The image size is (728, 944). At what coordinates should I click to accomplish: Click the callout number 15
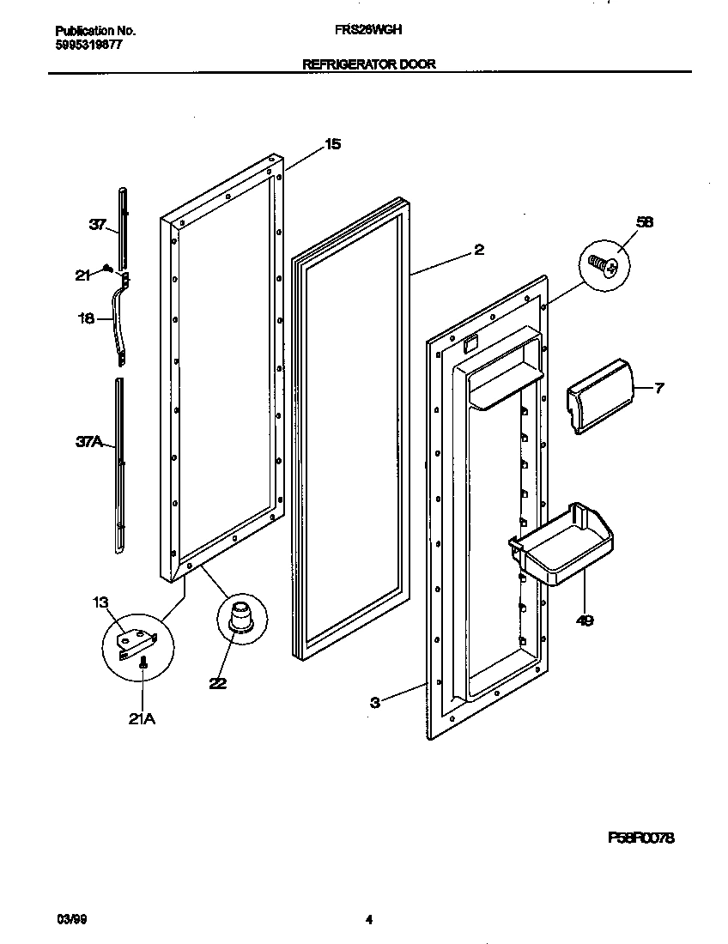(x=332, y=144)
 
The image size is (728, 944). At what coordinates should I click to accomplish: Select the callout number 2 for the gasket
(x=479, y=250)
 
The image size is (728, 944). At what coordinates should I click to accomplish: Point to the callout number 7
(x=658, y=388)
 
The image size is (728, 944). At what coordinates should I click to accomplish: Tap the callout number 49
(x=584, y=620)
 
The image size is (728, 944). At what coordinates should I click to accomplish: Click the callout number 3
(x=375, y=703)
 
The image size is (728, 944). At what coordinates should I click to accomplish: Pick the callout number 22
(x=218, y=684)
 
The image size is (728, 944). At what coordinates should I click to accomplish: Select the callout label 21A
(x=142, y=719)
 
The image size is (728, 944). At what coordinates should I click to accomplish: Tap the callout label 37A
(x=88, y=442)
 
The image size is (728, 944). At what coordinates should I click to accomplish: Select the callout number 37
(x=97, y=226)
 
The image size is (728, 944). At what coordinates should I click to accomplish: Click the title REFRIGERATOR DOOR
(x=369, y=64)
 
